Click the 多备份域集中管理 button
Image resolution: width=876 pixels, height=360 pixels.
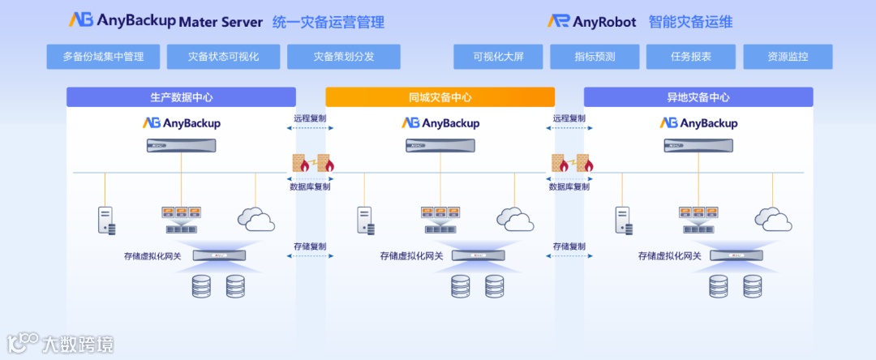pos(103,57)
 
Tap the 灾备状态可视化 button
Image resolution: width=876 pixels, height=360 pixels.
pos(223,57)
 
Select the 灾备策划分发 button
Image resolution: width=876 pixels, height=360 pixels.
pos(344,57)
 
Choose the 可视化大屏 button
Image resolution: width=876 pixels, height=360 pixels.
pos(498,57)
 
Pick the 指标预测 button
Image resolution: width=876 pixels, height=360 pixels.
pos(595,57)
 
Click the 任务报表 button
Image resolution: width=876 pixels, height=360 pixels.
pos(691,57)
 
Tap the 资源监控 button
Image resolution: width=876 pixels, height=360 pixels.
pos(788,57)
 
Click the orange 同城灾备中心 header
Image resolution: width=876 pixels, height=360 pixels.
pos(440,97)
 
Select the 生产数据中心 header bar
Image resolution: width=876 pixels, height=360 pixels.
pos(182,97)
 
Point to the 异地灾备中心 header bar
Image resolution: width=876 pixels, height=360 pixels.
pos(698,97)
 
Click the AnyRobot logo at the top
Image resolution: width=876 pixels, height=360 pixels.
pos(591,21)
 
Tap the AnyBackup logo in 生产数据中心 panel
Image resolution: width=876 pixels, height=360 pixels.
pos(182,123)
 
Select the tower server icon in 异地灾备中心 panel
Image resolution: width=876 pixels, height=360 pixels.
pos(623,221)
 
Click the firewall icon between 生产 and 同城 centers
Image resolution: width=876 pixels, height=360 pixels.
pos(311,165)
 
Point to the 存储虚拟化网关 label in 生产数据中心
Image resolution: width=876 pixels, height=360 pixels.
pos(152,256)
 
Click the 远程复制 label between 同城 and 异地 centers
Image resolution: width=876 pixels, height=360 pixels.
pos(569,118)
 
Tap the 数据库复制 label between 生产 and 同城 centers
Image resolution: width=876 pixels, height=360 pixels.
pos(311,186)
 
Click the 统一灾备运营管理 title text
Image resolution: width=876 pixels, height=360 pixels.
pos(328,22)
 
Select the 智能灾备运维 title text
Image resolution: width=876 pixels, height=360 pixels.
pos(691,22)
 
